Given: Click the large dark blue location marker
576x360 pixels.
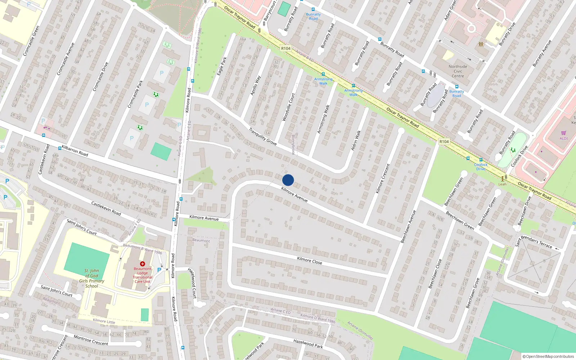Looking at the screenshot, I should (x=288, y=180).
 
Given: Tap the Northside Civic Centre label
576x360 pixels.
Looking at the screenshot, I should (x=458, y=71).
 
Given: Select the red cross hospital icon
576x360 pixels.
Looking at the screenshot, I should (x=142, y=264).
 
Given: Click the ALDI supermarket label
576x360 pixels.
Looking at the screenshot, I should (x=563, y=138).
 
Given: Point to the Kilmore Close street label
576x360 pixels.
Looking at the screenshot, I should (x=310, y=260).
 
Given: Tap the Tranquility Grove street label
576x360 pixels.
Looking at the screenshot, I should (x=263, y=136).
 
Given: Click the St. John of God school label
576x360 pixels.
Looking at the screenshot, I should (x=92, y=278).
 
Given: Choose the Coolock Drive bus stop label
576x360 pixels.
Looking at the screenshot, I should (x=481, y=167).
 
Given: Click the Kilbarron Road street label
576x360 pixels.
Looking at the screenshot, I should (x=75, y=150).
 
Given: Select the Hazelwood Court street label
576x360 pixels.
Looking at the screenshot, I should (x=192, y=283).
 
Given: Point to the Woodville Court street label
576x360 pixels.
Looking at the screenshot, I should (x=288, y=107).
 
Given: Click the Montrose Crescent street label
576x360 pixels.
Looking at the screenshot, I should (x=91, y=341).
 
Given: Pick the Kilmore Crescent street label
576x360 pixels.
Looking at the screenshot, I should (x=383, y=179).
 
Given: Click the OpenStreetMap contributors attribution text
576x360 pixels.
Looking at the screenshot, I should (x=548, y=356).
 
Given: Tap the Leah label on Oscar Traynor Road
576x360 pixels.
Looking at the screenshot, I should (x=502, y=184).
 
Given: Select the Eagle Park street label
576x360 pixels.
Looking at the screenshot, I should (x=222, y=66).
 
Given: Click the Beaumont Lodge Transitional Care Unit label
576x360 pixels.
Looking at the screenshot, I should (x=143, y=275).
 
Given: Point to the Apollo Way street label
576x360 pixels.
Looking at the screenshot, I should (x=256, y=85).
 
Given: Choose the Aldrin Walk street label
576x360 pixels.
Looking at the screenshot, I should (x=356, y=140).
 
